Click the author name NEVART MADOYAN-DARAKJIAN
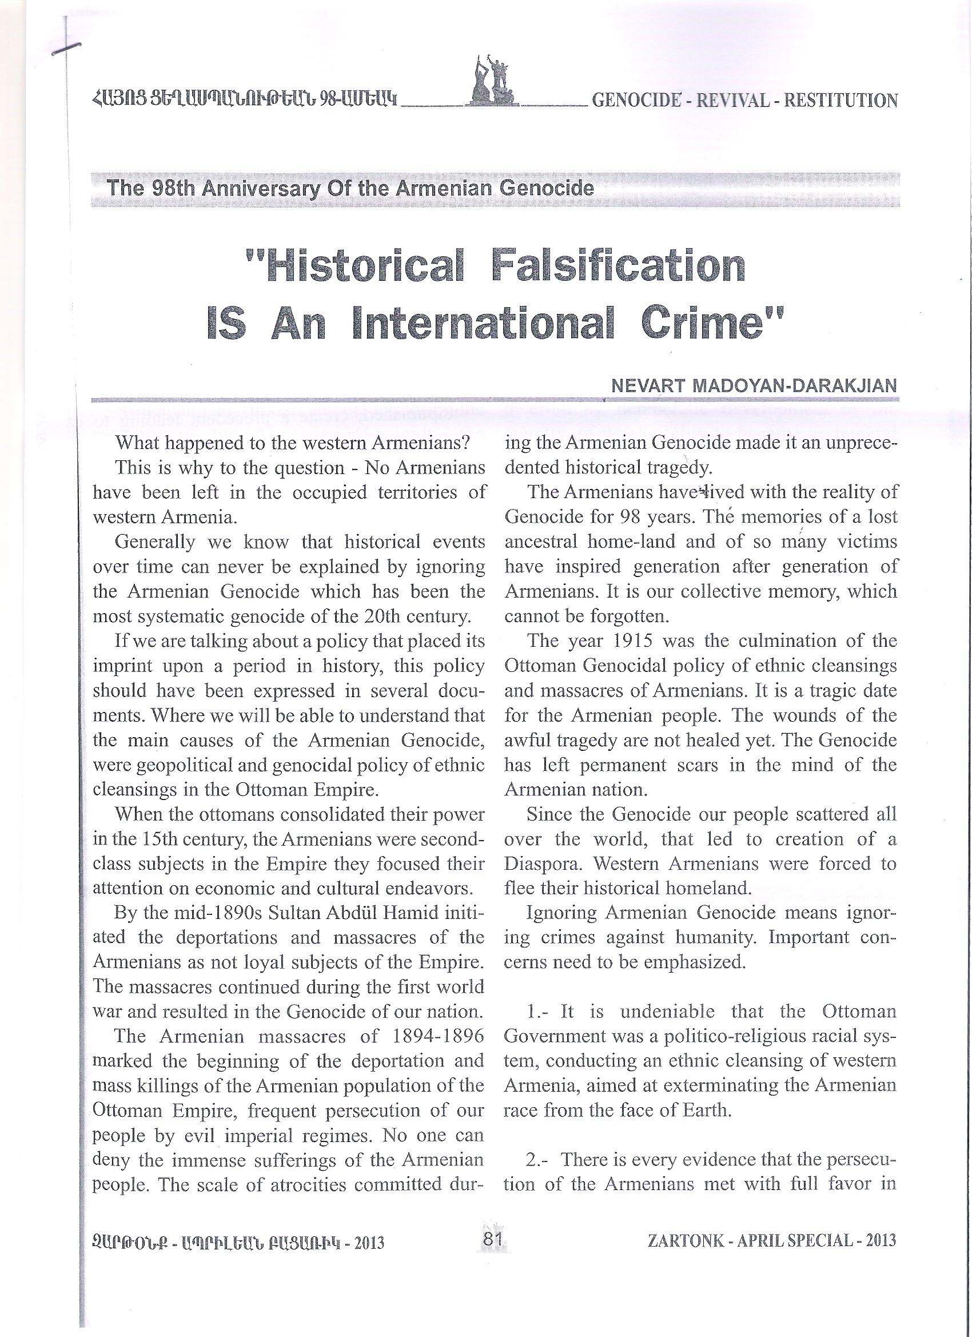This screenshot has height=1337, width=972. click(x=754, y=386)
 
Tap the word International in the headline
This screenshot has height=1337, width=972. click(x=479, y=325)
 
